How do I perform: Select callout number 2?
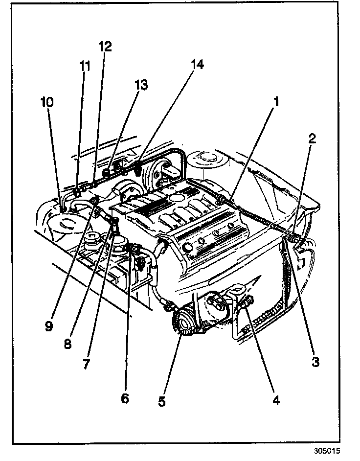[312, 138]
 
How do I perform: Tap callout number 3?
[315, 362]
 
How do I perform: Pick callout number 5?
[162, 401]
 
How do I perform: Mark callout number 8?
[67, 344]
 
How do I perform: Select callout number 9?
[48, 326]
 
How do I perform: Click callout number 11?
[86, 66]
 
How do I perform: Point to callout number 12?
[105, 47]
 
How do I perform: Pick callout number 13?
[141, 85]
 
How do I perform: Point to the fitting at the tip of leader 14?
[139, 169]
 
